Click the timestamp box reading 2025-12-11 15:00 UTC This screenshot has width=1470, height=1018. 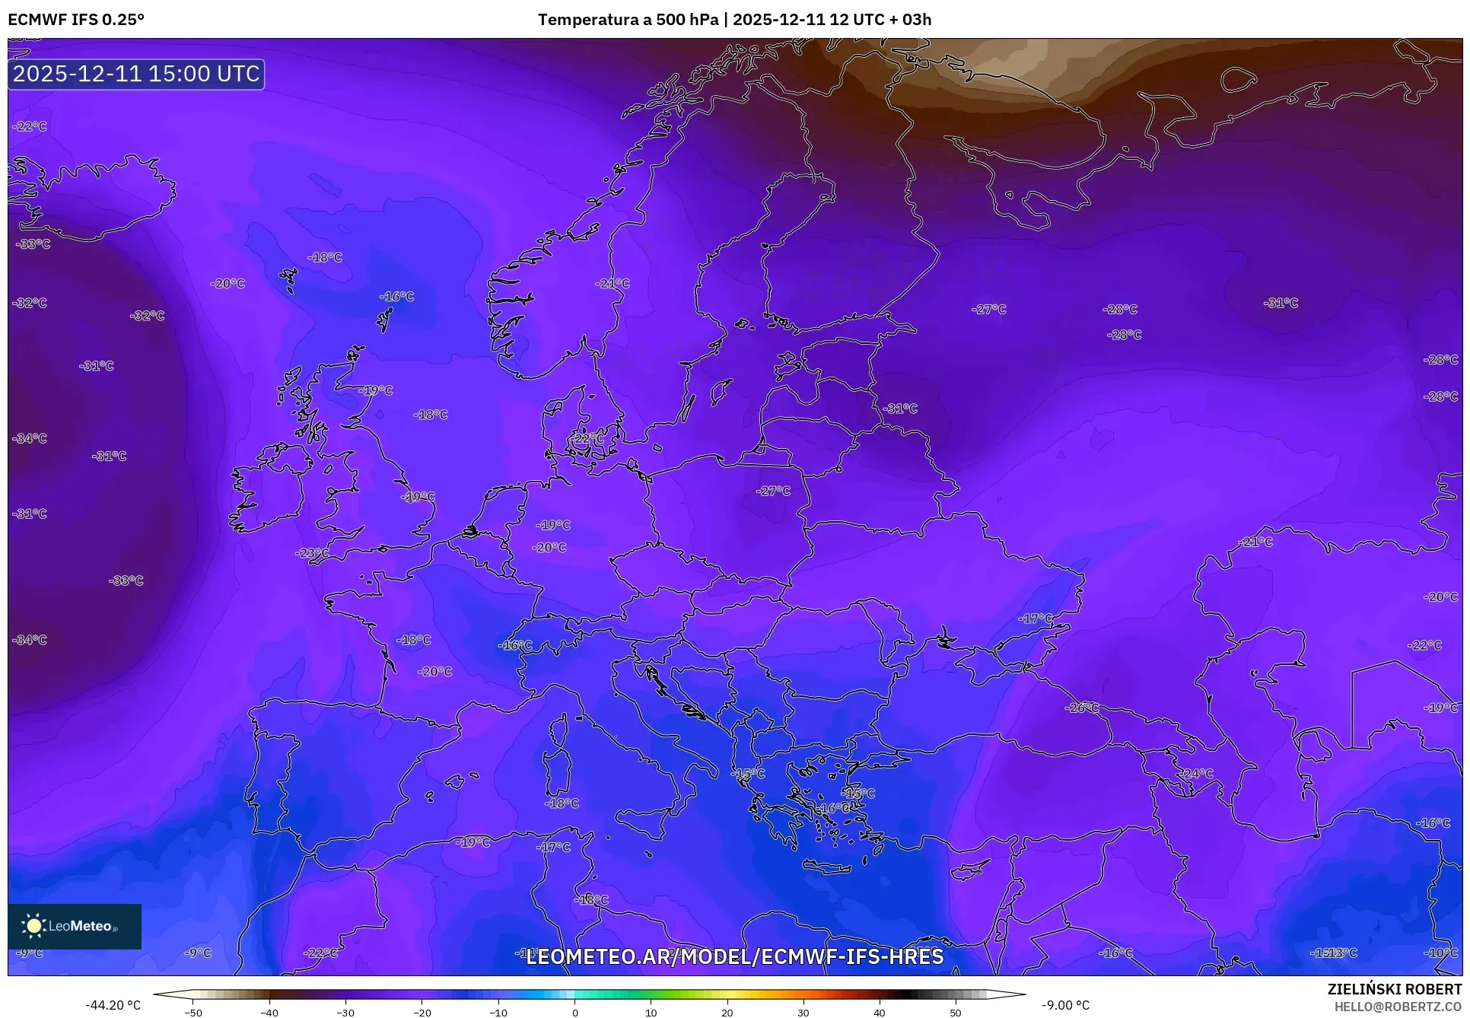coord(136,74)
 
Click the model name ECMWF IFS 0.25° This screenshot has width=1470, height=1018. coord(76,19)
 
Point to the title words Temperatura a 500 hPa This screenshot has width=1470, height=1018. coord(628,19)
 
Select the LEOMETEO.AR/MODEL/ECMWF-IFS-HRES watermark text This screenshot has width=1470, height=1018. coord(734,956)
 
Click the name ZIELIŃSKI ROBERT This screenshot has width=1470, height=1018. coord(1394,989)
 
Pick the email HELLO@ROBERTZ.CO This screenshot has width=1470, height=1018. coord(1398,1007)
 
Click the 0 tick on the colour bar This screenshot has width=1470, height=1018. coord(574,1013)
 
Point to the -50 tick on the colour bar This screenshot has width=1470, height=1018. coord(193,1013)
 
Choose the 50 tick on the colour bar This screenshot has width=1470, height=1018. coord(956,1013)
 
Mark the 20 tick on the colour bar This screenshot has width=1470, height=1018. coord(727,1013)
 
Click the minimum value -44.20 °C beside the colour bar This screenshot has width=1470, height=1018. coord(113,1005)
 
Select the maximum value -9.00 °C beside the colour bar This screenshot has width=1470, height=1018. coord(1065,1005)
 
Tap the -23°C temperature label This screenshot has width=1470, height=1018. coord(312,553)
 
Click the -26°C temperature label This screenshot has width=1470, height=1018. coord(1082,708)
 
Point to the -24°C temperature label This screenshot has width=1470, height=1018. coord(1196,773)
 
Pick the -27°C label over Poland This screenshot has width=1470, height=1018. coord(773,491)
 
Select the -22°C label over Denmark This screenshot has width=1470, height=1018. coord(587,438)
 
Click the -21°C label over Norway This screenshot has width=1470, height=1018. coord(612,283)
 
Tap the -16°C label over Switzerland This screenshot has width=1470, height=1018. coord(515,645)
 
